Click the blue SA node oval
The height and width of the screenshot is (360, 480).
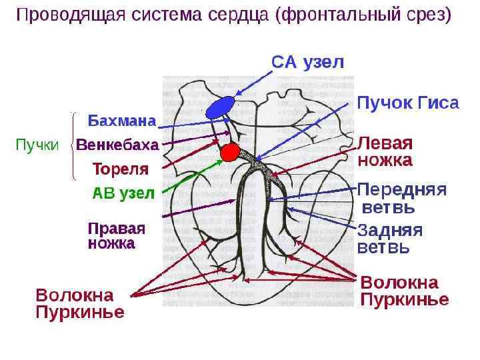[221, 107]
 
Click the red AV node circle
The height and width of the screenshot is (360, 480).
[230, 152]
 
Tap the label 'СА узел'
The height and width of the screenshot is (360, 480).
[307, 62]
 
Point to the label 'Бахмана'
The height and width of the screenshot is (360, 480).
[122, 121]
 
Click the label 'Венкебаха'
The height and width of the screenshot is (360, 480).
[117, 145]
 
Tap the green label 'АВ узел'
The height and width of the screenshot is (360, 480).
[123, 194]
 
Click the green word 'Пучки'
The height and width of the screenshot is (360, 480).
[37, 145]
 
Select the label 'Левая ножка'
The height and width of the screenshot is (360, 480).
[385, 152]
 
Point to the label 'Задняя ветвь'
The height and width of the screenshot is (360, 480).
[390, 239]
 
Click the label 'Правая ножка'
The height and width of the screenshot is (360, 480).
[117, 235]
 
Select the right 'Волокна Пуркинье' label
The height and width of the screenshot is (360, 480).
[404, 291]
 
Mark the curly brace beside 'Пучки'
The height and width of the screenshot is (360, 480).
[73, 145]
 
